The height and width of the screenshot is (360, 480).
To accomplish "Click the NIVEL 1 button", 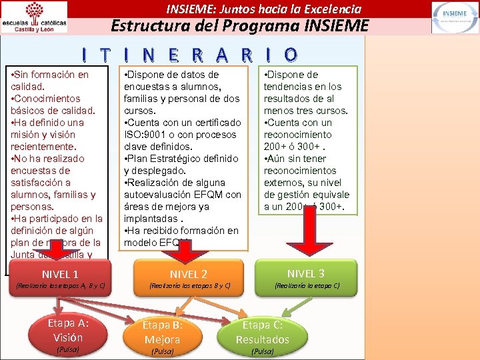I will [x=60, y=275].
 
